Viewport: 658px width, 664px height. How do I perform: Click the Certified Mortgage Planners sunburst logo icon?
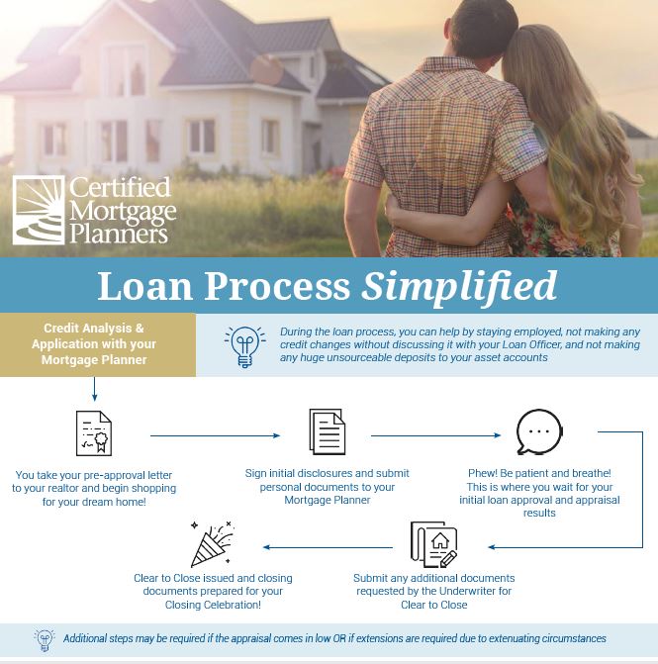39,210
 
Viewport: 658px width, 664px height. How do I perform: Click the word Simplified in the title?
458,286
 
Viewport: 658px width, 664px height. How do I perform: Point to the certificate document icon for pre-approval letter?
94,433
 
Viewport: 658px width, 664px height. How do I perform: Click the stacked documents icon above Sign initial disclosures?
328,432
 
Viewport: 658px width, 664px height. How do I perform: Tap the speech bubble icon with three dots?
539,432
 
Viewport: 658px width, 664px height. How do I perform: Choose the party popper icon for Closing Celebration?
211,544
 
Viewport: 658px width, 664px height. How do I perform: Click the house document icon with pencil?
433,545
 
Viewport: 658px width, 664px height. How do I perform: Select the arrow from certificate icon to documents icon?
215,434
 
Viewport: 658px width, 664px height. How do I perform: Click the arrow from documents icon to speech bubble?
435,434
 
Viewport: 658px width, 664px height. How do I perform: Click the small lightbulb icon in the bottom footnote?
45,638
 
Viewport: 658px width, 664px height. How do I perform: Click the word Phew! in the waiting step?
482,474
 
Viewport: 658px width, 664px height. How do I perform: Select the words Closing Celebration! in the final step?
213,605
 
